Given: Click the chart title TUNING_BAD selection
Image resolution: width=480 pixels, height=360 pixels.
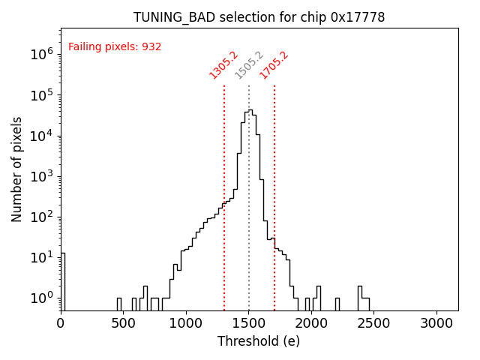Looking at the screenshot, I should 259,17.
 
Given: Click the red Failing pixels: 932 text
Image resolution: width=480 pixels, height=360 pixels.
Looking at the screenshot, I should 115,47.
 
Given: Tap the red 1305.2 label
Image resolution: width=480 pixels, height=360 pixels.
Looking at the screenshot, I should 223,65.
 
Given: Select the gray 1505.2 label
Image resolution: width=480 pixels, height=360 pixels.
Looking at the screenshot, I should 249,65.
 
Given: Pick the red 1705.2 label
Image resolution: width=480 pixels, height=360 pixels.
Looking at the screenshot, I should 274,65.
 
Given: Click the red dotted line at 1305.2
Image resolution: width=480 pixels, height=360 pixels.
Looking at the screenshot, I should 224,187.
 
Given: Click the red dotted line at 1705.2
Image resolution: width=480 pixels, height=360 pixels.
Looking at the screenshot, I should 274,187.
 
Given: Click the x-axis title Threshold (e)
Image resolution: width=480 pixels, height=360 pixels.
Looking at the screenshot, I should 259,341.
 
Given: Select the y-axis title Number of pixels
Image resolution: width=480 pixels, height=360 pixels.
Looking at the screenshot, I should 17,169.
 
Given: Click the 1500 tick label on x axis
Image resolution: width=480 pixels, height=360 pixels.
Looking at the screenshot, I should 249,323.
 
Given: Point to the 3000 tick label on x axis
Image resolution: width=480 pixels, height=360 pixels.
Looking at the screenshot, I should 436,323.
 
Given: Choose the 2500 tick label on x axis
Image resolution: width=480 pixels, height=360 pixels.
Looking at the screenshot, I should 374,323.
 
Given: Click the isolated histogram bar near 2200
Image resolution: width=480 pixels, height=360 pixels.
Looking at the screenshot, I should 337,304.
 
